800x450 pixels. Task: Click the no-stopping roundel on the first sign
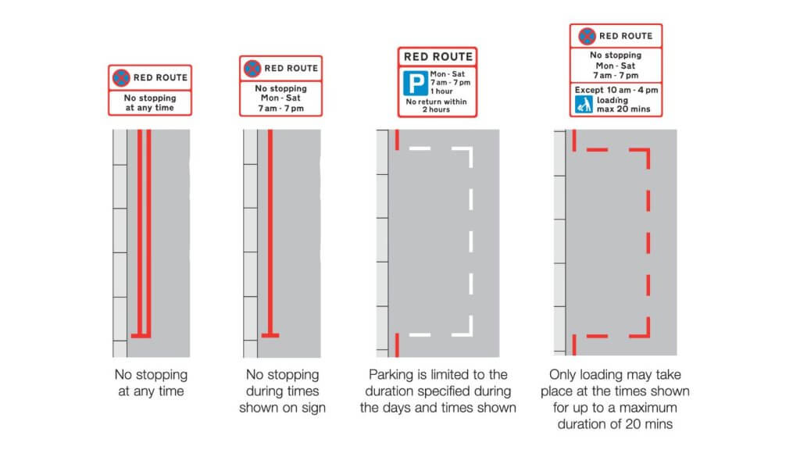(121, 77)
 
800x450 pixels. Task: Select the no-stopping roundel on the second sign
(252, 68)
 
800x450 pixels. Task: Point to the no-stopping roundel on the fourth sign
(586, 36)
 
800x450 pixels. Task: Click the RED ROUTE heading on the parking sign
(437, 57)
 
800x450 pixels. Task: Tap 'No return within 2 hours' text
(437, 106)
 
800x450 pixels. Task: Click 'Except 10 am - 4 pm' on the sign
(616, 91)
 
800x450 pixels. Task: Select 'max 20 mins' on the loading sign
(623, 110)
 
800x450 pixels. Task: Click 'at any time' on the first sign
(149, 108)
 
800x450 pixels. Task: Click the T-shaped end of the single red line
(270, 336)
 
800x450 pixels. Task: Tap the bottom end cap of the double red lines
(141, 336)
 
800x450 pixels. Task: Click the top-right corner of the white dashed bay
(471, 148)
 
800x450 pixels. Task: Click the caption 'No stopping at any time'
(151, 383)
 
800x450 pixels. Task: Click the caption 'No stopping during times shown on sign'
(282, 391)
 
